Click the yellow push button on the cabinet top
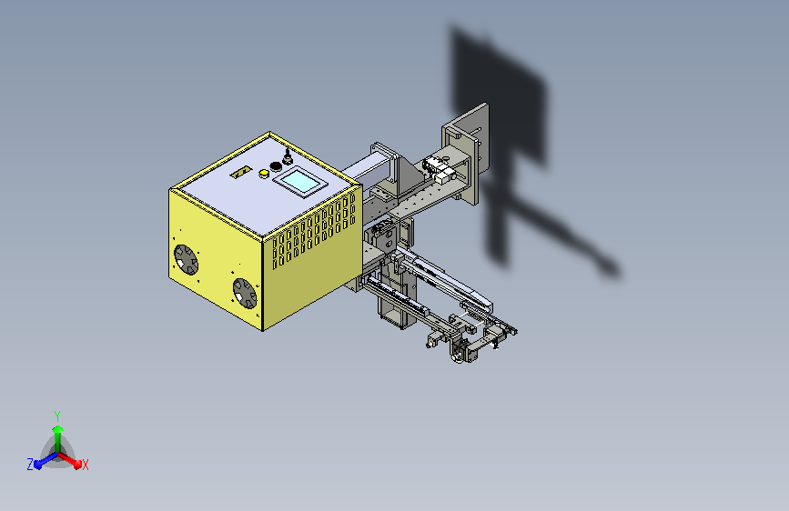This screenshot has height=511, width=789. tap(264, 174)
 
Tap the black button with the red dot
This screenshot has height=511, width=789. tap(276, 166)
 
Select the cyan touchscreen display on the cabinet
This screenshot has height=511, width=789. tap(300, 181)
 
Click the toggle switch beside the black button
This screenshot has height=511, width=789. tap(288, 157)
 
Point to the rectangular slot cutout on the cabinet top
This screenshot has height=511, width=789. tap(241, 172)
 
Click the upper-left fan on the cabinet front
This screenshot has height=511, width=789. tap(187, 259)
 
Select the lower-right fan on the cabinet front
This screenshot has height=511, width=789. tap(245, 293)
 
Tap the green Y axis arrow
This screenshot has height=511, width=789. tap(58, 438)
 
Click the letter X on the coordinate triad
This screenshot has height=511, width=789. tap(85, 465)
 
